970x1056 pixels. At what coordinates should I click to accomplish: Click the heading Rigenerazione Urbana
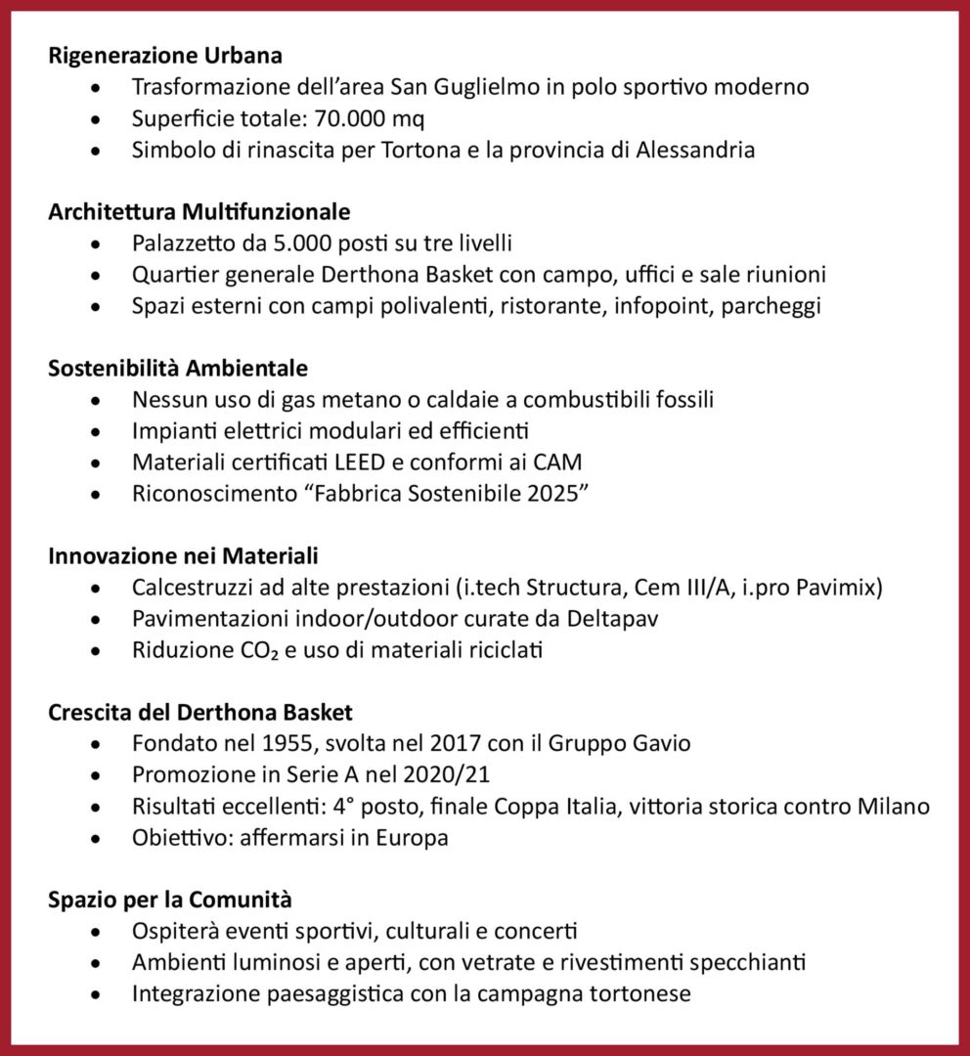coord(165,55)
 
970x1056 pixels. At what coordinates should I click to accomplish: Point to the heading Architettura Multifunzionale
coord(198,211)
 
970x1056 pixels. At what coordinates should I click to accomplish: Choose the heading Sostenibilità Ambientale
coord(178,368)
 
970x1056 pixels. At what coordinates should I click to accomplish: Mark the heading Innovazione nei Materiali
coord(183,555)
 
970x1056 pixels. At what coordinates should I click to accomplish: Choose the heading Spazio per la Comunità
coord(170,900)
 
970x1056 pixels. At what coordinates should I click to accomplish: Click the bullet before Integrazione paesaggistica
coord(94,994)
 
